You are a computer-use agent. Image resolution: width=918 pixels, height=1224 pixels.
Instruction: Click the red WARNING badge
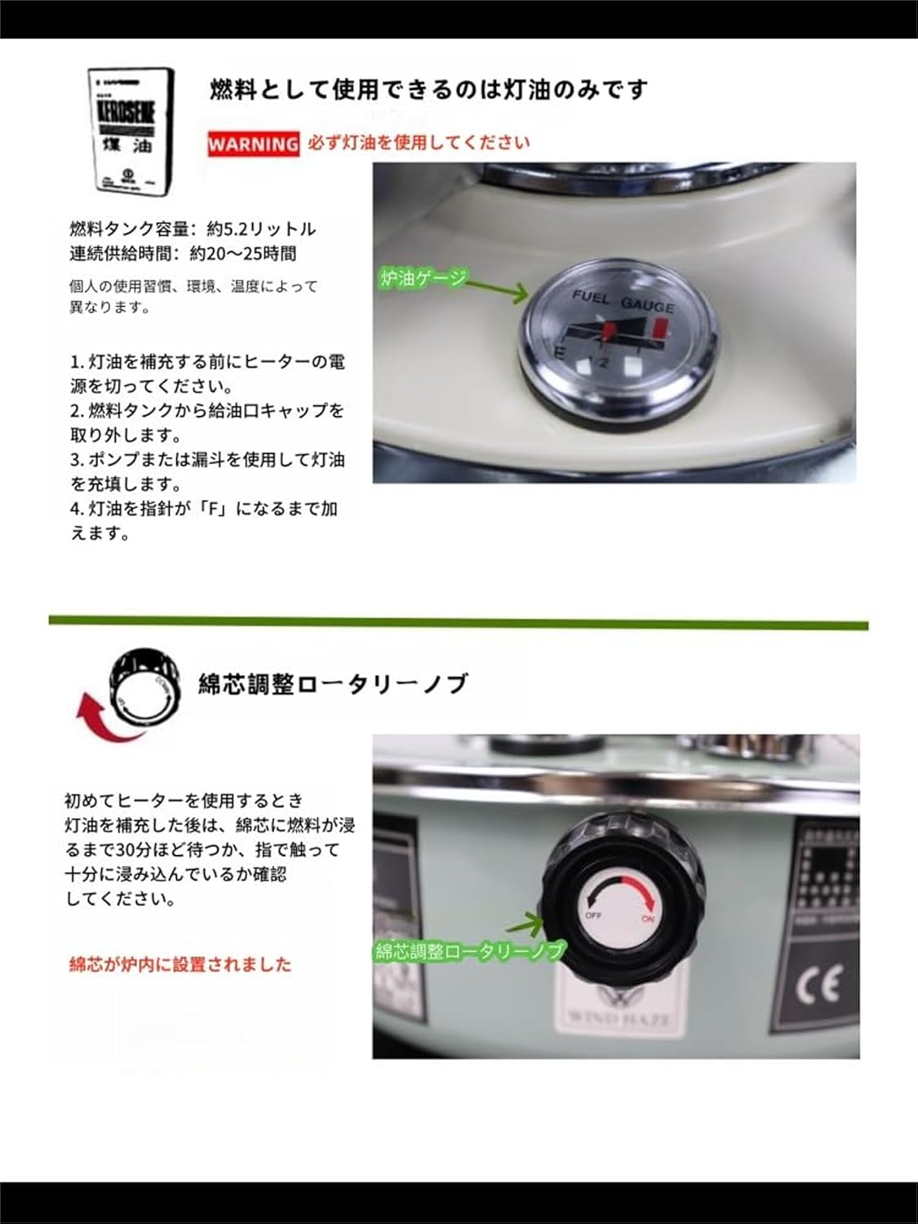coord(253,144)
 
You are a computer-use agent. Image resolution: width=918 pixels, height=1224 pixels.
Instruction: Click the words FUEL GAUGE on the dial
coord(623,299)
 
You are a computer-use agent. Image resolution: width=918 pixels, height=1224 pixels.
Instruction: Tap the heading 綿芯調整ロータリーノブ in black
coord(334,683)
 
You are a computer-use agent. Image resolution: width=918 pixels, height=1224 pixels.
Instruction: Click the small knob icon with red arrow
coord(144,686)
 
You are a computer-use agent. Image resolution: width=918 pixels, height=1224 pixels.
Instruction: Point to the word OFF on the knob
coord(593,915)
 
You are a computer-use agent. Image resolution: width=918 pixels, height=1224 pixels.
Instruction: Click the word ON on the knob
coord(648,919)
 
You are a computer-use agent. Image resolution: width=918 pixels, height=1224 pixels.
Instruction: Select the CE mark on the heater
coord(818,987)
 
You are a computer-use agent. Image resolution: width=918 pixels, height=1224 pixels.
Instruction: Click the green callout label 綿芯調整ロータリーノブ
coord(470,951)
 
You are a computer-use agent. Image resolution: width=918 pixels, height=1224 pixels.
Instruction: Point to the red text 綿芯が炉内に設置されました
coord(180,965)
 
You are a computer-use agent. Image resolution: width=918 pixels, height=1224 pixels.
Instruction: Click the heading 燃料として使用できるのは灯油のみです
coord(429,89)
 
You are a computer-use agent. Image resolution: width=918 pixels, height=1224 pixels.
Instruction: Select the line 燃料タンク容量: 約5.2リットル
coord(193,228)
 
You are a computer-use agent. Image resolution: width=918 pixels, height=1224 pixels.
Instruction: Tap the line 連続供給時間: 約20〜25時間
coord(183,254)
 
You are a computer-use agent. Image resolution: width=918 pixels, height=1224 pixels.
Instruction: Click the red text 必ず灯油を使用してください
coord(419,143)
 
